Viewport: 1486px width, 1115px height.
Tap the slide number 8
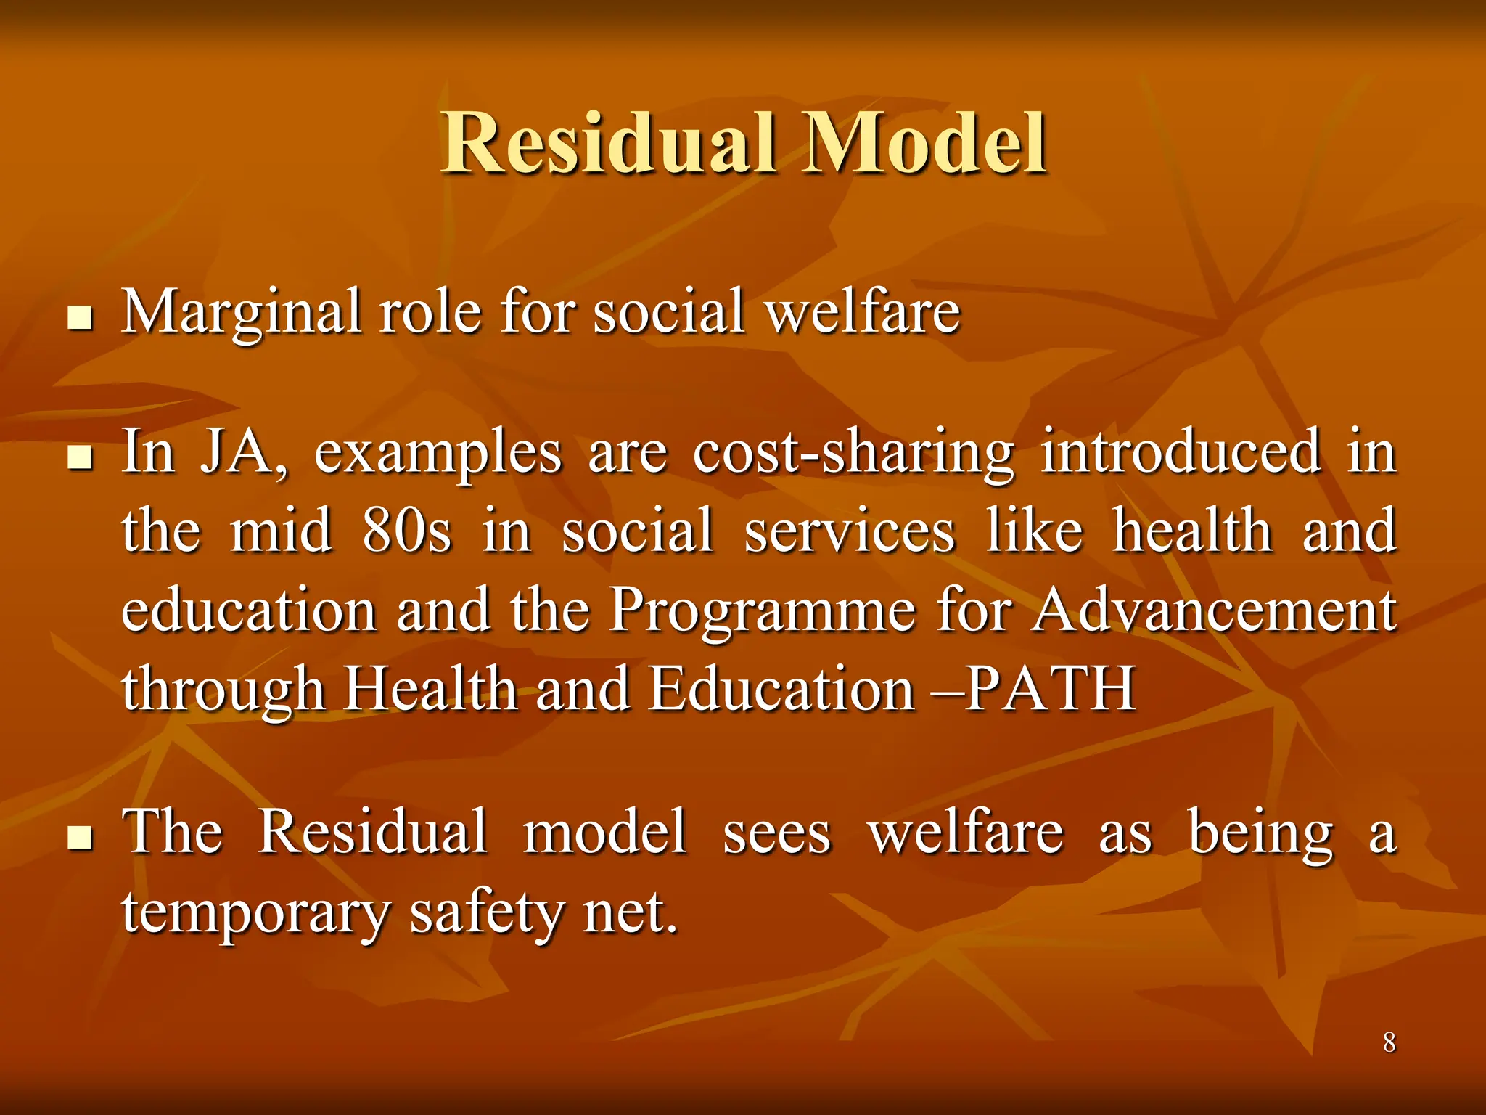[x=1389, y=1042]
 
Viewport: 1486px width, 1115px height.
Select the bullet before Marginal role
[x=80, y=318]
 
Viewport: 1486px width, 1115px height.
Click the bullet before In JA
[x=80, y=458]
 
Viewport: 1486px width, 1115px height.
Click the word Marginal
[x=242, y=312]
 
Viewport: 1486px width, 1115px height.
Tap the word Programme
[x=762, y=610]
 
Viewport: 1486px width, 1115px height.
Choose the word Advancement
[x=1214, y=610]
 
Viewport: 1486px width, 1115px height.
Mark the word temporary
[x=255, y=912]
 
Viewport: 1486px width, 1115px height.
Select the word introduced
[x=1181, y=452]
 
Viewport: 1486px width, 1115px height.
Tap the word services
[x=850, y=531]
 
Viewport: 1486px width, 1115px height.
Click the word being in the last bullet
[x=1260, y=833]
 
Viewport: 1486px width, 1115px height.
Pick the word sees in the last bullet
[x=776, y=833]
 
